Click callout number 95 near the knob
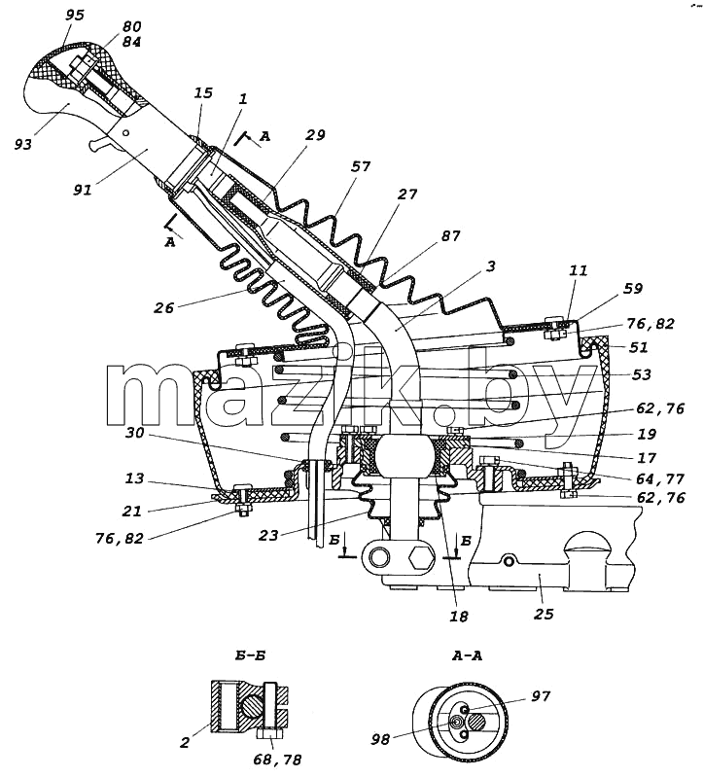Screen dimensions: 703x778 pos(75,16)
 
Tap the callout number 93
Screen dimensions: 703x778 pos(23,144)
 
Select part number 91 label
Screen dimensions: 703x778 pos(83,190)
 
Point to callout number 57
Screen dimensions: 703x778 pos(360,166)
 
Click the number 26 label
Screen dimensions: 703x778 pos(163,308)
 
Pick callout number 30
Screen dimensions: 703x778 pos(134,433)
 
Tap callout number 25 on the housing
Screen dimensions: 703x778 pos(544,615)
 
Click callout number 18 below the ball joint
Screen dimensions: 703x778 pos(458,617)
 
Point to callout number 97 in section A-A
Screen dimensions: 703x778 pos(541,696)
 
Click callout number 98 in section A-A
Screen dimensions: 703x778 pos(381,740)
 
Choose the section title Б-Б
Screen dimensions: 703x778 pos(250,655)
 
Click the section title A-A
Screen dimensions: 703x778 pos(467,655)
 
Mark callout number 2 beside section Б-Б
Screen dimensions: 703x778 pos(185,743)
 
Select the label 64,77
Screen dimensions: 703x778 pos(661,478)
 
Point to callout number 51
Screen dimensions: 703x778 pos(639,347)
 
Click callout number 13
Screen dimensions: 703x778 pos(134,478)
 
